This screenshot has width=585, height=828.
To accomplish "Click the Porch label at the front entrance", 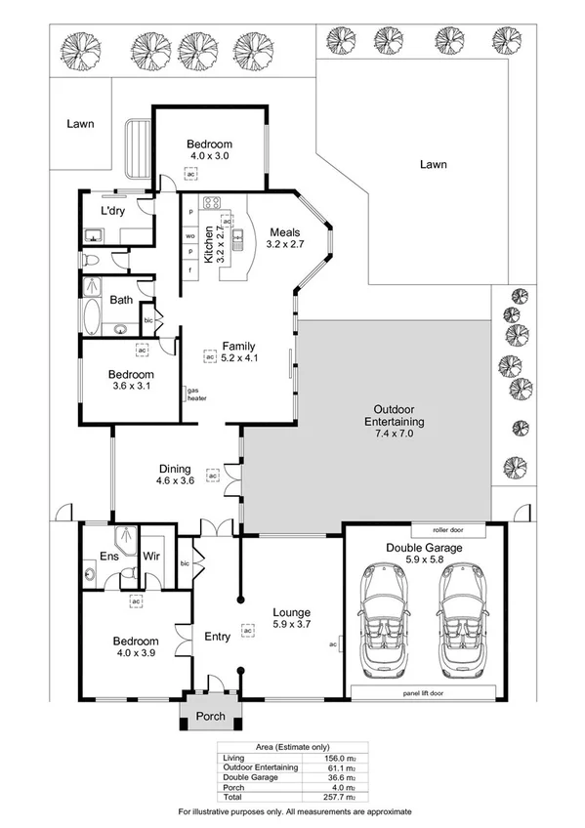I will [x=211, y=716].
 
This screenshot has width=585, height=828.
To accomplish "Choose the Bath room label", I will [x=121, y=300].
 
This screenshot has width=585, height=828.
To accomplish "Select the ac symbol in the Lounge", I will [x=248, y=631].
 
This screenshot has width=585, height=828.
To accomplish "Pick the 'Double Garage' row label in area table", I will [x=250, y=777].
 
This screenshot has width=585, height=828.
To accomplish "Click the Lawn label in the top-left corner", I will [x=81, y=124].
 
